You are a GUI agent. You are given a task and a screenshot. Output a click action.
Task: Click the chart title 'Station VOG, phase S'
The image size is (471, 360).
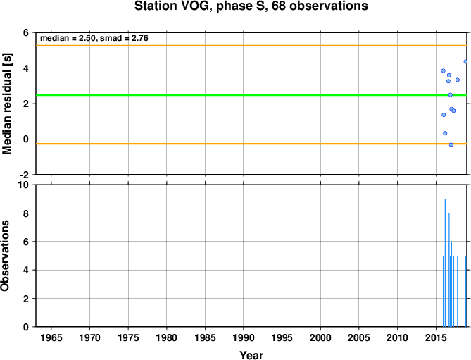coord(201,6)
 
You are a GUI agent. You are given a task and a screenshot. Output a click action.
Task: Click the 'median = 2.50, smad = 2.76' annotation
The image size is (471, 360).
coord(94,38)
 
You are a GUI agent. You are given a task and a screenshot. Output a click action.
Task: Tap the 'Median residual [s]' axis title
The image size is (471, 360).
coord(6,104)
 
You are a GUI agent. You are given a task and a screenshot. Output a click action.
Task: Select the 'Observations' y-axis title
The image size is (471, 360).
coord(5,256)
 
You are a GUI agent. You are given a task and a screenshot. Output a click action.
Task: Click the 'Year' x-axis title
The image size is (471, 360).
coord(251,355)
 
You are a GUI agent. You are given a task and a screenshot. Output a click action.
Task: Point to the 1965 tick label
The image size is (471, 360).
coord(51,337)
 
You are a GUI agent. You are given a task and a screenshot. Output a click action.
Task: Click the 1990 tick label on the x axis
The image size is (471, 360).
coord(244,337)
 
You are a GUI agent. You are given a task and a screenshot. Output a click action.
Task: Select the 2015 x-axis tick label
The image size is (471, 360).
coord(436,337)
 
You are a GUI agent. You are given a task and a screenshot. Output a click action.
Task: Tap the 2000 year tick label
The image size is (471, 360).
coord(320,337)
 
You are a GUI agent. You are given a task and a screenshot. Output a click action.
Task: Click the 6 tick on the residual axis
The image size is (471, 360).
coord(26,32)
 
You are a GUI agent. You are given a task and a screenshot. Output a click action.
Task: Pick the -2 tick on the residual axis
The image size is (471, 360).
coord(24,175)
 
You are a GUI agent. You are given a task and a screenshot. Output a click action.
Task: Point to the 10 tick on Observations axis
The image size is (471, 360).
coord(24,185)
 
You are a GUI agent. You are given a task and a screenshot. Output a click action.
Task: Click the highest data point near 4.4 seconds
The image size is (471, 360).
coord(465,61)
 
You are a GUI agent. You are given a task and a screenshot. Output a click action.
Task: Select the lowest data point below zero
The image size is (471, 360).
coord(451,145)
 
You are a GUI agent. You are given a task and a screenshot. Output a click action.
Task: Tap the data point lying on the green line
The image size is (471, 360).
coord(451,94)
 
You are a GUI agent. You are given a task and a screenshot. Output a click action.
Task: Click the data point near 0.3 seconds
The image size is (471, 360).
coord(445,133)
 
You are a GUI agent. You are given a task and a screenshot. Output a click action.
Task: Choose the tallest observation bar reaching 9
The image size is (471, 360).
coord(445,263)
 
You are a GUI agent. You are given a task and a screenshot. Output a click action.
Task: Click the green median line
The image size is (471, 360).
coord(251,95)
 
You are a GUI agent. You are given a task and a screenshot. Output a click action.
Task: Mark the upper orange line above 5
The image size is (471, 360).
coord(251,46)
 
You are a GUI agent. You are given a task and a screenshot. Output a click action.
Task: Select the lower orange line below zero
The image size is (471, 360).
coord(251,144)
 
